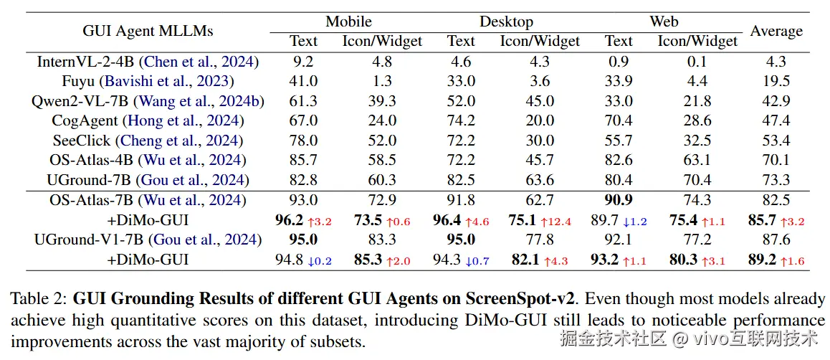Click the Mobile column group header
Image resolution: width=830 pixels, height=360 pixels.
click(348, 22)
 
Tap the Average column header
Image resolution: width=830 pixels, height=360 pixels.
click(776, 31)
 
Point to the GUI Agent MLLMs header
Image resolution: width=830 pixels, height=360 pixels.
click(148, 31)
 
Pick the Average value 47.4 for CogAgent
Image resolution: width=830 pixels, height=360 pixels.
click(776, 120)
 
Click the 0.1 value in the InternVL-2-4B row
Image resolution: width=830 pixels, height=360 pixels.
click(697, 62)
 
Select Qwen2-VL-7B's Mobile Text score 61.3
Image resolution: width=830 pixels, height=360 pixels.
click(303, 101)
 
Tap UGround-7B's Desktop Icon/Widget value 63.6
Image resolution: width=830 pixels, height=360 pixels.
click(540, 180)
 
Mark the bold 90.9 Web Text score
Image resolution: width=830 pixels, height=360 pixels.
click(619, 200)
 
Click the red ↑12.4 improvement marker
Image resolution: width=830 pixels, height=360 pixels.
click(559, 222)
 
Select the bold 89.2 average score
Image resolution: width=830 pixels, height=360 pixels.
click(762, 260)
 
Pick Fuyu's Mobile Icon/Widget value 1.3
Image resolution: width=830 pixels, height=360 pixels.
click(382, 81)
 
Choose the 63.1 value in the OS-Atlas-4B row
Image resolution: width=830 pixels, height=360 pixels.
click(697, 160)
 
